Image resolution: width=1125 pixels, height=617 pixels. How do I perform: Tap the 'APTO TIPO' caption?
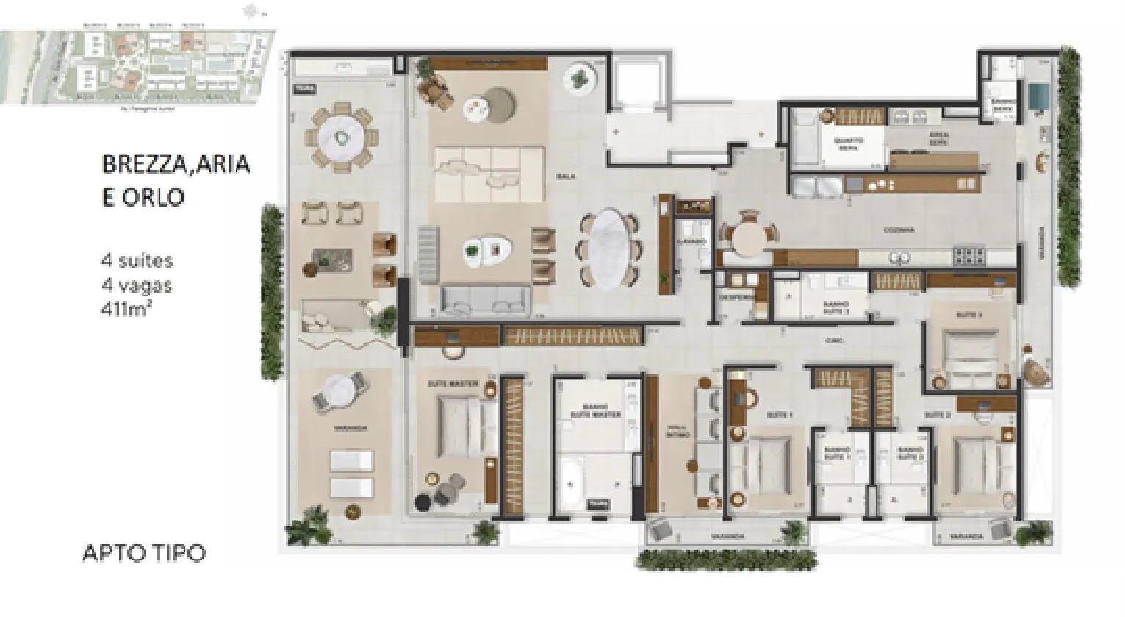pos(143,554)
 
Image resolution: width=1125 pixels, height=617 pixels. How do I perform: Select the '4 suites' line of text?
pos(136,260)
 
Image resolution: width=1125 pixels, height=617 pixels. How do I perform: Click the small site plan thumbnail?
pos(137,66)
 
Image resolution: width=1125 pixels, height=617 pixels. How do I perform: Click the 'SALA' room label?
pos(565,176)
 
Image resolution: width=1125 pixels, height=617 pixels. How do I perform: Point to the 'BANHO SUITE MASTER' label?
pos(595,410)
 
